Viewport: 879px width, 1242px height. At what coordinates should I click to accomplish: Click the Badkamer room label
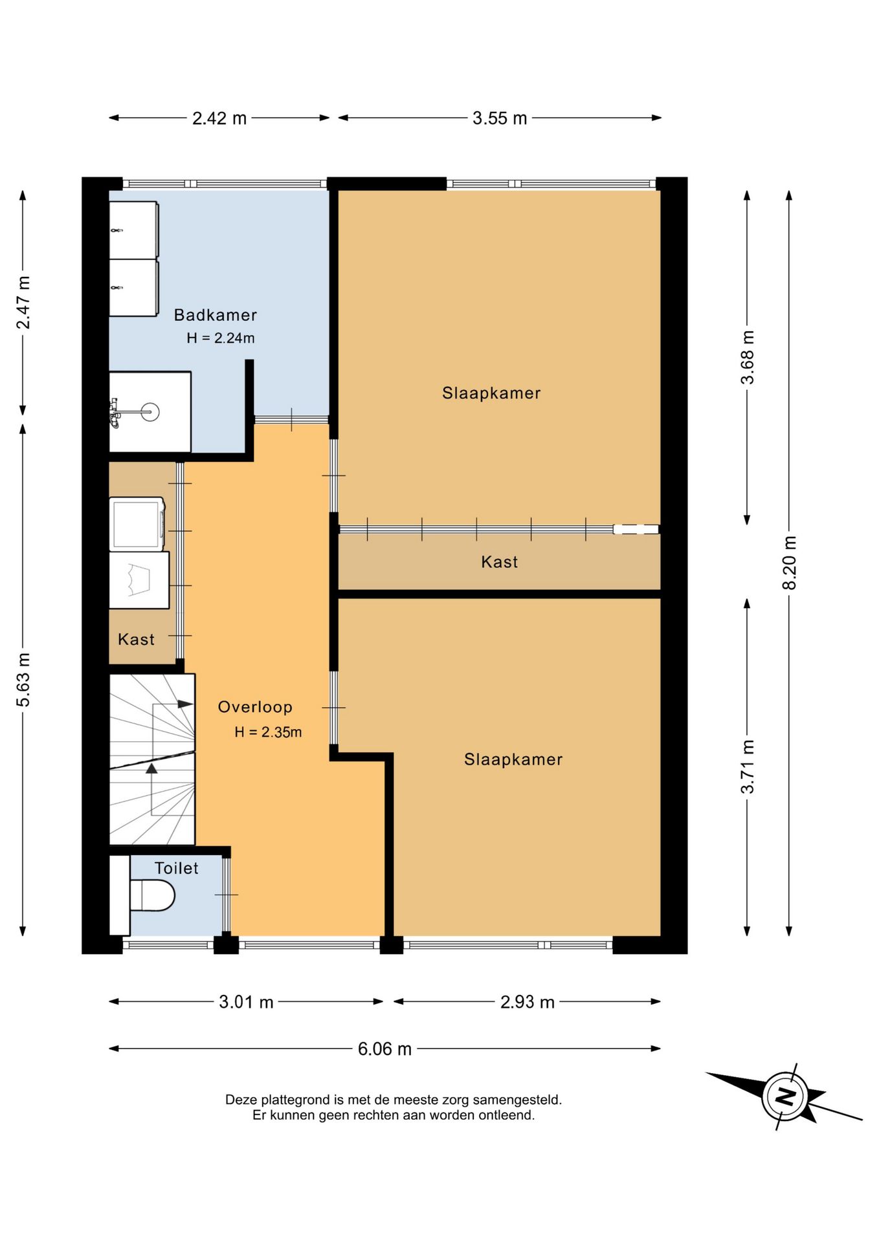pos(216,315)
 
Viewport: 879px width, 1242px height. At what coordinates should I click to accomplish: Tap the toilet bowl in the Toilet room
pos(152,897)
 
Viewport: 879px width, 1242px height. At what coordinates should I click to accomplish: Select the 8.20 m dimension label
pos(789,563)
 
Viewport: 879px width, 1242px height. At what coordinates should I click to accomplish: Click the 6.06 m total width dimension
pos(384,1049)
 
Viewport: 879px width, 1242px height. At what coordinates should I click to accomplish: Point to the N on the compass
pos(785,1096)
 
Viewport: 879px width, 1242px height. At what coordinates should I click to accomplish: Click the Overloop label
pos(255,707)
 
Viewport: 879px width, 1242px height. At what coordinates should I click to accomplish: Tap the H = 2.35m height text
pos(268,732)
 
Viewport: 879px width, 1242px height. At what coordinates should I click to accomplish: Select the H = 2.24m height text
pos(220,338)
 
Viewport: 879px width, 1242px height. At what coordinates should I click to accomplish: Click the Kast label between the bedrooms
pos(499,561)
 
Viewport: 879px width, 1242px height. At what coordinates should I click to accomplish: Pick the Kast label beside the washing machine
pos(136,639)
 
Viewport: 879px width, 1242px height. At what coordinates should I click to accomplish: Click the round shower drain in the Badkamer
pos(150,411)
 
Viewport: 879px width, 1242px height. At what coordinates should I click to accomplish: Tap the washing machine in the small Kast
pos(137,524)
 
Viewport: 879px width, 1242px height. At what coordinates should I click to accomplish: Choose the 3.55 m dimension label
pos(500,118)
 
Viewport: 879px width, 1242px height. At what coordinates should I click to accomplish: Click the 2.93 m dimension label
pos(528,1002)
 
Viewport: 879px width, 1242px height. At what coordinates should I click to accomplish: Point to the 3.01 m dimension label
pos(246,1002)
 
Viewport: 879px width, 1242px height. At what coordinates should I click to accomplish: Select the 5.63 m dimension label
pos(23,679)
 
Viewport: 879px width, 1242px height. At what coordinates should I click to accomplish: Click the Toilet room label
pos(176,868)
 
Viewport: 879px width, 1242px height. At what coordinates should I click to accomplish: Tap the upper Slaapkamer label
pos(491,393)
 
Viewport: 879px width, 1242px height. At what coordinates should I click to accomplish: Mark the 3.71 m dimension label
pos(748,767)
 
